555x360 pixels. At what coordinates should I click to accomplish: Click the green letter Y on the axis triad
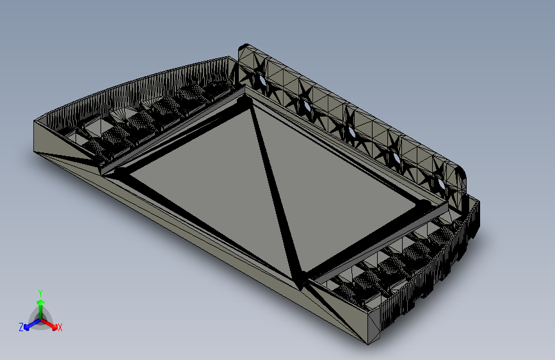pyautogui.click(x=40, y=293)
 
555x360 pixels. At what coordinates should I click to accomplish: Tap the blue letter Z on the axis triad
pyautogui.click(x=21, y=327)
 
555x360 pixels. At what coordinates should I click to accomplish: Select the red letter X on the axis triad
pyautogui.click(x=60, y=328)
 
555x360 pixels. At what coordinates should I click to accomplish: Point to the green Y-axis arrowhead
pyautogui.click(x=41, y=303)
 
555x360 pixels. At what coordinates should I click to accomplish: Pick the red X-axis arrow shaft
pyautogui.click(x=49, y=323)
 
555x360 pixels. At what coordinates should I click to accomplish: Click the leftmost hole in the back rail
pyautogui.click(x=262, y=80)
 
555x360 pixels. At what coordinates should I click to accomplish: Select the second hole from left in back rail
pyautogui.click(x=307, y=106)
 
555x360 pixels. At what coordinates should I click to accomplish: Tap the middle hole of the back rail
pyautogui.click(x=351, y=132)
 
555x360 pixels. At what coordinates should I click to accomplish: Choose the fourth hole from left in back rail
pyautogui.click(x=396, y=158)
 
